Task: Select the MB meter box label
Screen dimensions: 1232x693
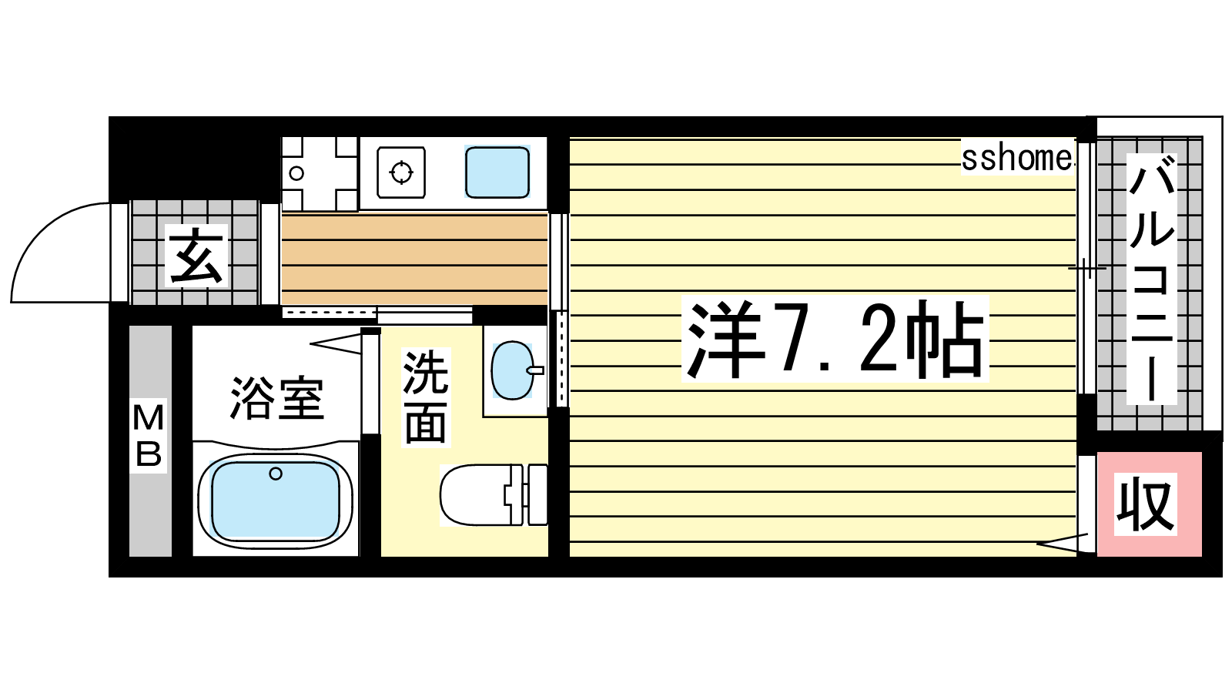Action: tap(149, 436)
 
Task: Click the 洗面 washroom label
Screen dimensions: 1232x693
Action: tap(426, 397)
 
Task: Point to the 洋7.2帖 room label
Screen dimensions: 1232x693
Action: tap(835, 339)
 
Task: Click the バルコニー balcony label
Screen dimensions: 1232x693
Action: tap(1151, 278)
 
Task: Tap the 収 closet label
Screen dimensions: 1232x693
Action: tap(1145, 504)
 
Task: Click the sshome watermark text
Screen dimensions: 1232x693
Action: tap(1017, 158)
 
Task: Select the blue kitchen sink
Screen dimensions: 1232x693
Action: tap(497, 172)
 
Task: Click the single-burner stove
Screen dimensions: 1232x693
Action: tap(401, 172)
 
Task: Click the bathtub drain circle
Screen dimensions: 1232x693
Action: tap(276, 473)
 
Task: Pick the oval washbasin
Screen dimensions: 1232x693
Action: tap(513, 370)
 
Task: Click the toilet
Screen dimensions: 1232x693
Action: tap(494, 494)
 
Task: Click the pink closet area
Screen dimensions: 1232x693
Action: tap(1149, 504)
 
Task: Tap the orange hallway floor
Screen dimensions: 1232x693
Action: tap(414, 259)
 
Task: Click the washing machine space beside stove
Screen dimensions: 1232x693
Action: tap(320, 173)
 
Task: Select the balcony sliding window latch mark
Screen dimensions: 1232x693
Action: tap(1086, 268)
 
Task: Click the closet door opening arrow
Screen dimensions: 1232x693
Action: tap(1062, 542)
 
